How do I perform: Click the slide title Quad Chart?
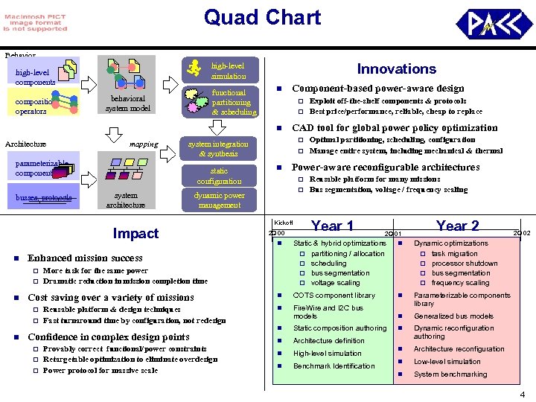pyautogui.click(x=262, y=18)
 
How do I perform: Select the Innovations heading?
pyautogui.click(x=396, y=69)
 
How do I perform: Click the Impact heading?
pyautogui.click(x=135, y=233)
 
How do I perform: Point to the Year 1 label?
pyautogui.click(x=331, y=226)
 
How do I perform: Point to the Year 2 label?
pyautogui.click(x=457, y=226)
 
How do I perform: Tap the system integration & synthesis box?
pyautogui.click(x=218, y=149)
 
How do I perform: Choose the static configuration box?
pyautogui.click(x=219, y=176)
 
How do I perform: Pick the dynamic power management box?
pyautogui.click(x=219, y=200)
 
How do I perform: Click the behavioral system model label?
pyautogui.click(x=127, y=103)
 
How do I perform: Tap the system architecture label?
pyautogui.click(x=126, y=200)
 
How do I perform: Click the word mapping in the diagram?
pyautogui.click(x=143, y=144)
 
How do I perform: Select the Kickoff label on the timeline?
pyautogui.click(x=284, y=223)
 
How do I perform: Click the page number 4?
pyautogui.click(x=523, y=394)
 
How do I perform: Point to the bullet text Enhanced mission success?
pyautogui.click(x=85, y=258)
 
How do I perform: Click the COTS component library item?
pyautogui.click(x=334, y=296)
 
